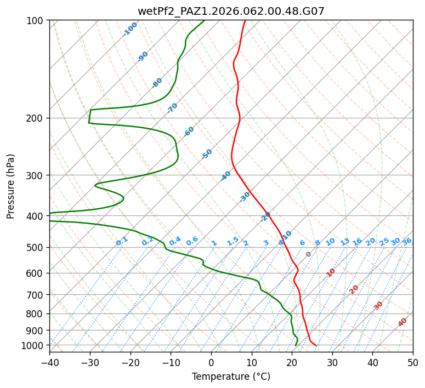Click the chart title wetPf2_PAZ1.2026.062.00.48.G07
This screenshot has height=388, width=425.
click(x=231, y=10)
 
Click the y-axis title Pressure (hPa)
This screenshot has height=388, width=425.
click(x=11, y=186)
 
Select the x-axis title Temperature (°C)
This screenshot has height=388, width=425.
click(x=231, y=376)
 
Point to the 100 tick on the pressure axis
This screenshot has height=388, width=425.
click(x=36, y=21)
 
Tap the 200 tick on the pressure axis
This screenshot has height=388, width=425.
click(x=36, y=118)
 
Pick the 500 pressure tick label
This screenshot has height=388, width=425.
click(x=36, y=247)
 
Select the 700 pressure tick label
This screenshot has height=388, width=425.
click(x=36, y=295)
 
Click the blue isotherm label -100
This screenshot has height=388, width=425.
click(x=131, y=28)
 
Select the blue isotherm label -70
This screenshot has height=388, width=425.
click(x=172, y=107)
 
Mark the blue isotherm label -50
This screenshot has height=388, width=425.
click(x=207, y=154)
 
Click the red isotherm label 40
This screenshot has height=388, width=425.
click(x=403, y=322)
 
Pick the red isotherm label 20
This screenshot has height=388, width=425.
click(x=354, y=289)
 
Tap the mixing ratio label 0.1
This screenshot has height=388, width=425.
click(x=122, y=241)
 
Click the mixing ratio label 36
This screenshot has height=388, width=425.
click(x=407, y=241)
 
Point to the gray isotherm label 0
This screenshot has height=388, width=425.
click(x=309, y=254)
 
